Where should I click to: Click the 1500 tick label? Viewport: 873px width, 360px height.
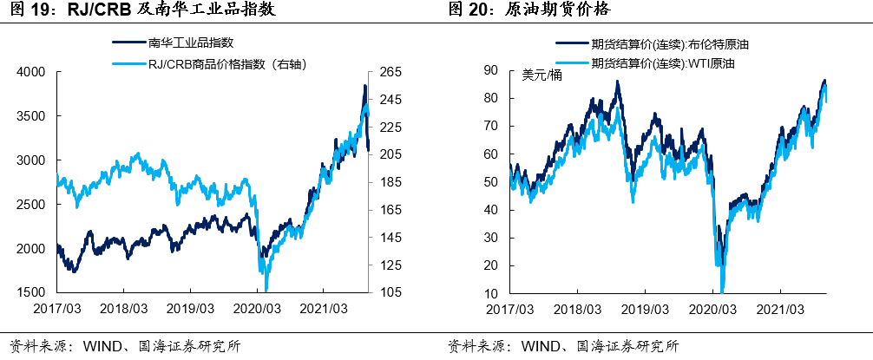[x=35, y=292]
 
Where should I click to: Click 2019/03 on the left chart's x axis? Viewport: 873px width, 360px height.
[x=190, y=308]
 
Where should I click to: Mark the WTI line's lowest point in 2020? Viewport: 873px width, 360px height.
[x=722, y=291]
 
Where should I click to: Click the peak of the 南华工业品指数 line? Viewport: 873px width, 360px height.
[x=364, y=85]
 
